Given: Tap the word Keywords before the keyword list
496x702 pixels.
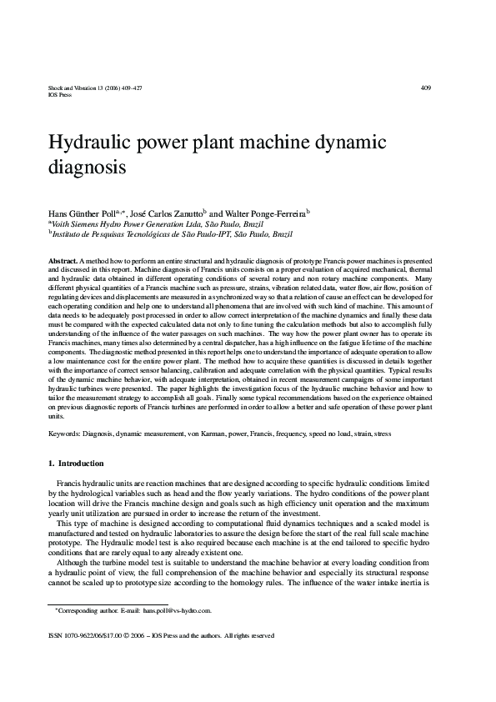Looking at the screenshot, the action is tap(65, 434).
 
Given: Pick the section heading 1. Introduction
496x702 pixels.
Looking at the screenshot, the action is tap(76, 464).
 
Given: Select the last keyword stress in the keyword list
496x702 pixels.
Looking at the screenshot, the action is tap(382, 434).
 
